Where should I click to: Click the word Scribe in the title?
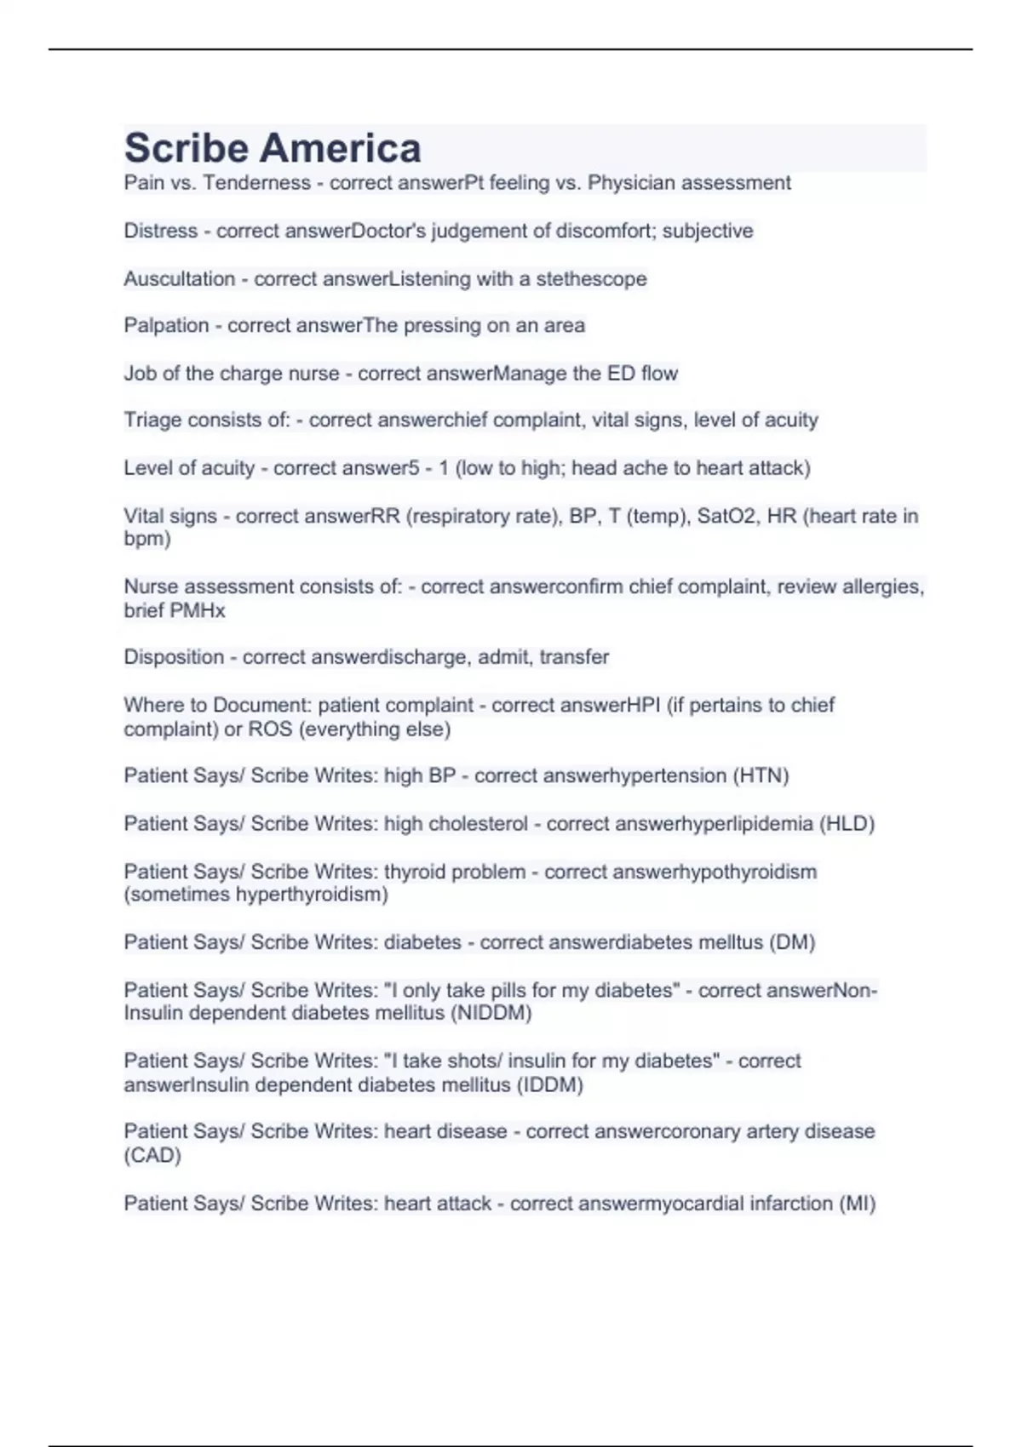coord(187,148)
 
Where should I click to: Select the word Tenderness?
coord(256,183)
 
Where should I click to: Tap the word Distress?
coord(161,231)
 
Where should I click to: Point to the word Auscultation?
coord(179,278)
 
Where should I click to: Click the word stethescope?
coord(591,278)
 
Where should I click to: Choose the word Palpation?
coord(166,325)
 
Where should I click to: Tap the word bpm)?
coord(147,539)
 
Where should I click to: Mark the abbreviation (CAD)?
coord(152,1155)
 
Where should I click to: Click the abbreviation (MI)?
coord(857,1204)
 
